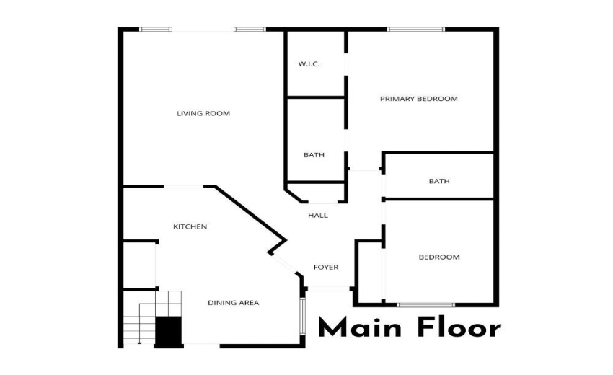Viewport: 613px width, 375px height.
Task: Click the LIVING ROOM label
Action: pyautogui.click(x=203, y=113)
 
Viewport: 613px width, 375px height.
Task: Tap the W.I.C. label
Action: pyautogui.click(x=309, y=64)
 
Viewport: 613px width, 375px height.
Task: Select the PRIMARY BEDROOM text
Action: pyautogui.click(x=418, y=99)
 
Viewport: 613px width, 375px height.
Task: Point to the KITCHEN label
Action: pyautogui.click(x=190, y=226)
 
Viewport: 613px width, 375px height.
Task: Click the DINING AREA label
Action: pyautogui.click(x=233, y=303)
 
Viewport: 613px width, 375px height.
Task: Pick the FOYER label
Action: pyautogui.click(x=325, y=268)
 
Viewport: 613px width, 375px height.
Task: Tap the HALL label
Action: pyautogui.click(x=317, y=215)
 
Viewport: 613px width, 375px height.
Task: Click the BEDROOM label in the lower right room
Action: pyautogui.click(x=438, y=257)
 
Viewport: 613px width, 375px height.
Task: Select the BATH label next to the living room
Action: pyautogui.click(x=314, y=155)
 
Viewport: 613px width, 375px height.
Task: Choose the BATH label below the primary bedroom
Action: pyautogui.click(x=438, y=181)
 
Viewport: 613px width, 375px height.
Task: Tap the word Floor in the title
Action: pyautogui.click(x=458, y=328)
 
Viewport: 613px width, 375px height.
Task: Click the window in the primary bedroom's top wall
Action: pyautogui.click(x=416, y=30)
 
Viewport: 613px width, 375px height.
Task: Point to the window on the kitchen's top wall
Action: pyautogui.click(x=183, y=187)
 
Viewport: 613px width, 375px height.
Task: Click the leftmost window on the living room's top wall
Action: pyautogui.click(x=155, y=30)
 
